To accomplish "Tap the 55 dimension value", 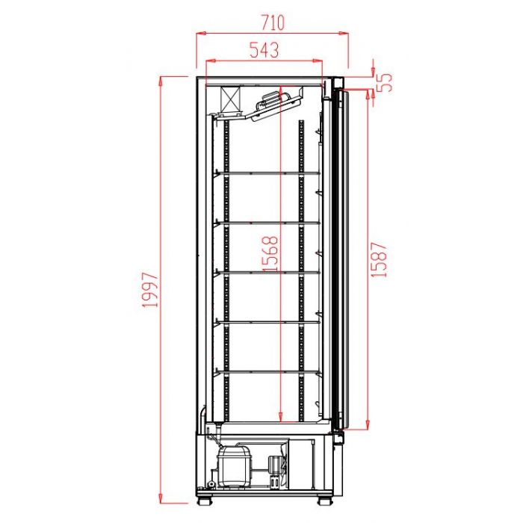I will pyautogui.click(x=385, y=81).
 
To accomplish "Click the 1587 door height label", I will pyautogui.click(x=380, y=259).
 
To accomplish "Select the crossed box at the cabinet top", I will pyautogui.click(x=231, y=99).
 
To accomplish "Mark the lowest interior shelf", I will pyautogui.click(x=269, y=371).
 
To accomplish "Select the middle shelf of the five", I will pyautogui.click(x=269, y=272).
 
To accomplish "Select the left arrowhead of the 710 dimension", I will pyautogui.click(x=198, y=33).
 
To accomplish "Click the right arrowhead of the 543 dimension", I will pyautogui.click(x=321, y=61).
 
